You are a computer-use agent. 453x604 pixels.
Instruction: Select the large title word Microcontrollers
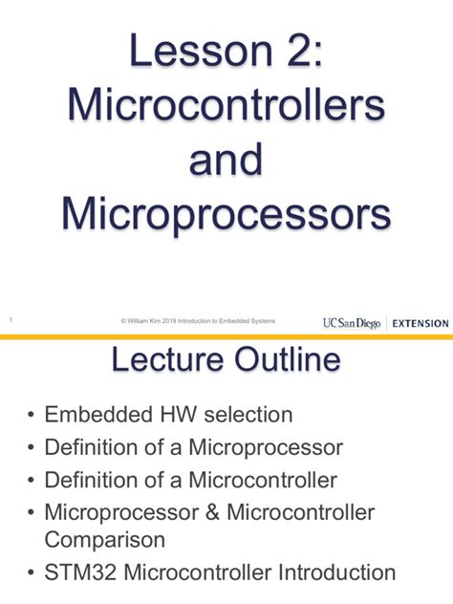tap(226, 103)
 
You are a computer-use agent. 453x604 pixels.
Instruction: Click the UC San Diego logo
tap(352, 322)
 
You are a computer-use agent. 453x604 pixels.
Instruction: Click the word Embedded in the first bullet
tap(96, 415)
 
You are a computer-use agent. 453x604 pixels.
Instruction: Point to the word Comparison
tap(105, 539)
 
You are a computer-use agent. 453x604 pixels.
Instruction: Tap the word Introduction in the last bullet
tap(336, 572)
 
